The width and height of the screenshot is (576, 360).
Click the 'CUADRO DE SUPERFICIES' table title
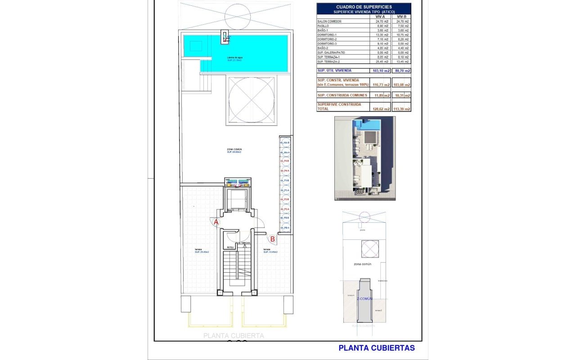pos(364,7)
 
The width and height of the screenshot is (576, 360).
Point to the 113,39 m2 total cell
pos(402,109)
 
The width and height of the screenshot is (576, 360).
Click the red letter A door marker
pos(216,222)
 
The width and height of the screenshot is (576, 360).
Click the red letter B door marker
pos(272,239)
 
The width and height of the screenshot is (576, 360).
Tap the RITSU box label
pos(230,247)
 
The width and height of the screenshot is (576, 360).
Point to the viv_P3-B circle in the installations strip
pos(284,180)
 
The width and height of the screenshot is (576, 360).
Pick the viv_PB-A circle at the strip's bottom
pos(284,228)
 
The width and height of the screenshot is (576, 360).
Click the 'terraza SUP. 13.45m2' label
pos(270,251)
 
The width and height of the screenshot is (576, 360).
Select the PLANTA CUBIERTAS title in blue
pos(376,348)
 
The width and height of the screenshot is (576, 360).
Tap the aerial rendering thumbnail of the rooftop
pos(364,158)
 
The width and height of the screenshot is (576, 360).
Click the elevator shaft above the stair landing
pos(237,200)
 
